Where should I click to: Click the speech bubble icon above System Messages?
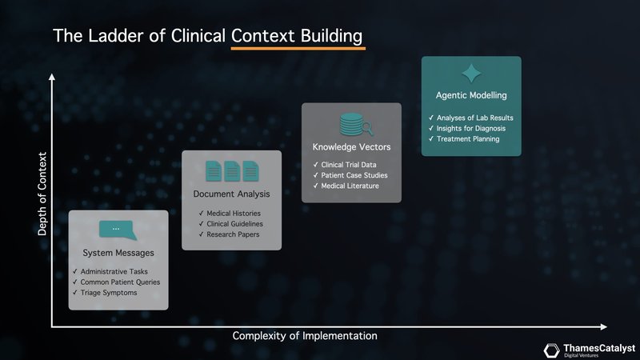coord(117,230)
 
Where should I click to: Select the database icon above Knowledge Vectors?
coord(351,124)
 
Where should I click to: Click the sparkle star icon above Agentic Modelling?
coord(471,74)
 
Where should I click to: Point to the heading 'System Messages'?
coord(118,254)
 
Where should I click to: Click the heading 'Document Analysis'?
coord(231,194)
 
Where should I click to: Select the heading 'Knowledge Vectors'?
coord(351,147)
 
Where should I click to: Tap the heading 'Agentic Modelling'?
coord(471,96)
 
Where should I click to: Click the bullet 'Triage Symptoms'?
coord(109,293)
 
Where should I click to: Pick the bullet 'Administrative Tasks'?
coord(115,272)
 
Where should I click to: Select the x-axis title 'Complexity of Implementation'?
coord(304,336)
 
